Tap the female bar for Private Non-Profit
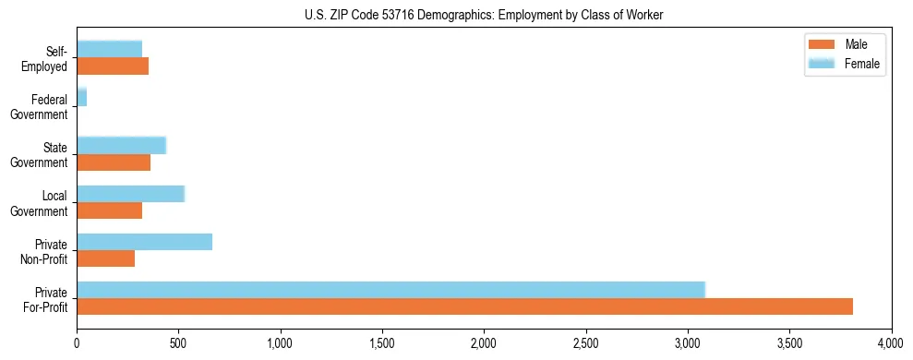pos(144,242)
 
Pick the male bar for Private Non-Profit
pos(105,258)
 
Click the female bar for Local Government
pos(130,194)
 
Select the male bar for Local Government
pos(109,210)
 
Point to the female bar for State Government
pos(121,146)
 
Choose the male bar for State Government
pos(114,162)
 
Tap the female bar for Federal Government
pos(81,98)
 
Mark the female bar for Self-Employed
pos(109,50)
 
